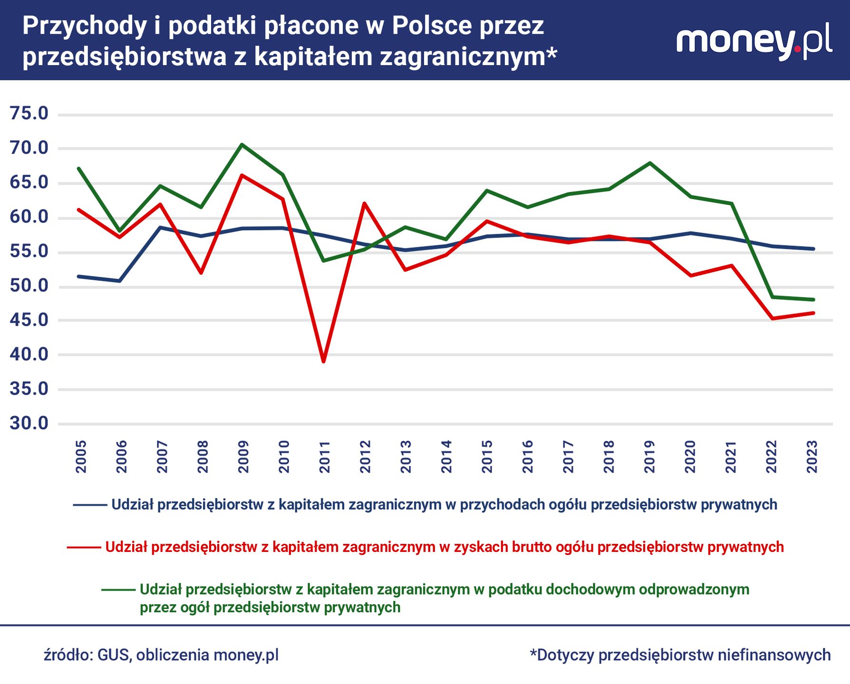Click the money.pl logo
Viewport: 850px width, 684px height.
click(x=754, y=41)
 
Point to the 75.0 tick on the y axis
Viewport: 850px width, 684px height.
click(x=29, y=114)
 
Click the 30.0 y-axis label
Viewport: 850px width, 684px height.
click(x=29, y=423)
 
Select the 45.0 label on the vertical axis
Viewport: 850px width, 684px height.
click(x=29, y=320)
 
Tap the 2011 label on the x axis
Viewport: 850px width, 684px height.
click(x=325, y=457)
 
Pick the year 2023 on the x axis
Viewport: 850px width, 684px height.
click(x=812, y=457)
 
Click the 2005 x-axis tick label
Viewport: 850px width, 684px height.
click(x=81, y=457)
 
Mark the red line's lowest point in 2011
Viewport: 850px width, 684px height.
click(x=324, y=361)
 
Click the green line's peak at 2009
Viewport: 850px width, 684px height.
click(x=242, y=144)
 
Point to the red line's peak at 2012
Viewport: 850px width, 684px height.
click(x=364, y=203)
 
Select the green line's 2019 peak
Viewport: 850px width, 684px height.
click(x=650, y=163)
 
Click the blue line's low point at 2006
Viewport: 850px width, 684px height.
click(x=120, y=281)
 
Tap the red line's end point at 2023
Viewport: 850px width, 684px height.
click(x=813, y=313)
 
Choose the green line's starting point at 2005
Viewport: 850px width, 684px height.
click(x=79, y=169)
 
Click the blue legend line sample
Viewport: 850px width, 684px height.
click(x=90, y=505)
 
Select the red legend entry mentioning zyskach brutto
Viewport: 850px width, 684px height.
click(x=444, y=547)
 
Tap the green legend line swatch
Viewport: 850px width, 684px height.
click(x=118, y=590)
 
